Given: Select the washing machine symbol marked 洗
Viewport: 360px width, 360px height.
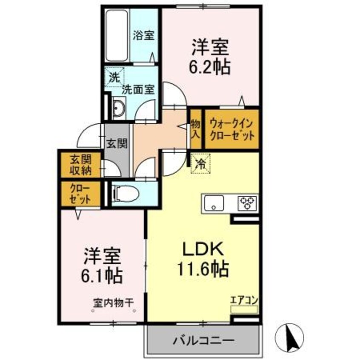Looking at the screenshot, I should (x=114, y=78).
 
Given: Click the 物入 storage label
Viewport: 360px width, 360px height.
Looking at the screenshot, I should (x=195, y=129).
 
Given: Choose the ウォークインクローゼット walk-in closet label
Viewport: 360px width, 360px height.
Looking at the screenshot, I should (x=232, y=129).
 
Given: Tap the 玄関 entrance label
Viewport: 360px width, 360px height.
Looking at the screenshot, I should (x=117, y=143).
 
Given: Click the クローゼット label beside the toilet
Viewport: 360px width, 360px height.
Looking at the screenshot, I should (x=80, y=194).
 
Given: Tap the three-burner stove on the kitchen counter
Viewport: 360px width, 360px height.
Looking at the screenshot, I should (x=246, y=203).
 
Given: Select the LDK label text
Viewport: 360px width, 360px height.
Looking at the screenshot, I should (x=203, y=249).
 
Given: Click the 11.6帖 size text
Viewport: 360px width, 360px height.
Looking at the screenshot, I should (x=203, y=269).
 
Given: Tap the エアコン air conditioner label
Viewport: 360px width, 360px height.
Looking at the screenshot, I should (x=244, y=300).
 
